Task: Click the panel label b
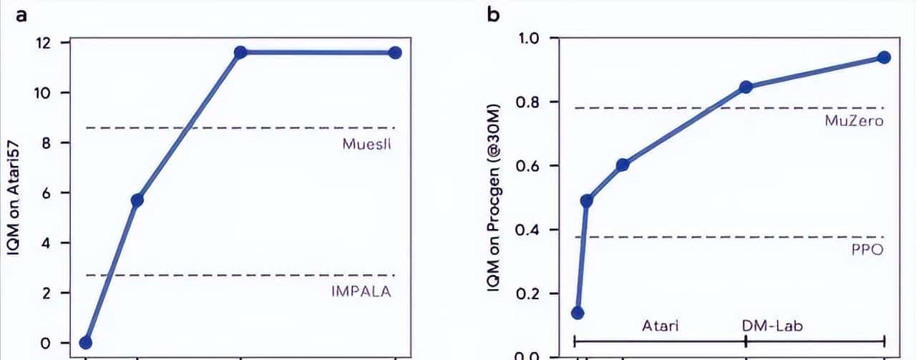(x=494, y=14)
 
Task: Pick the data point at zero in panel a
(x=86, y=342)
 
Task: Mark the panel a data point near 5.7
(x=137, y=200)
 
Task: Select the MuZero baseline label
(x=853, y=120)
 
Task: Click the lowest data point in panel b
(x=578, y=313)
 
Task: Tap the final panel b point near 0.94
(x=884, y=57)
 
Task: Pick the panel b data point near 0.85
(x=746, y=87)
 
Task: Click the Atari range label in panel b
(x=660, y=326)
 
